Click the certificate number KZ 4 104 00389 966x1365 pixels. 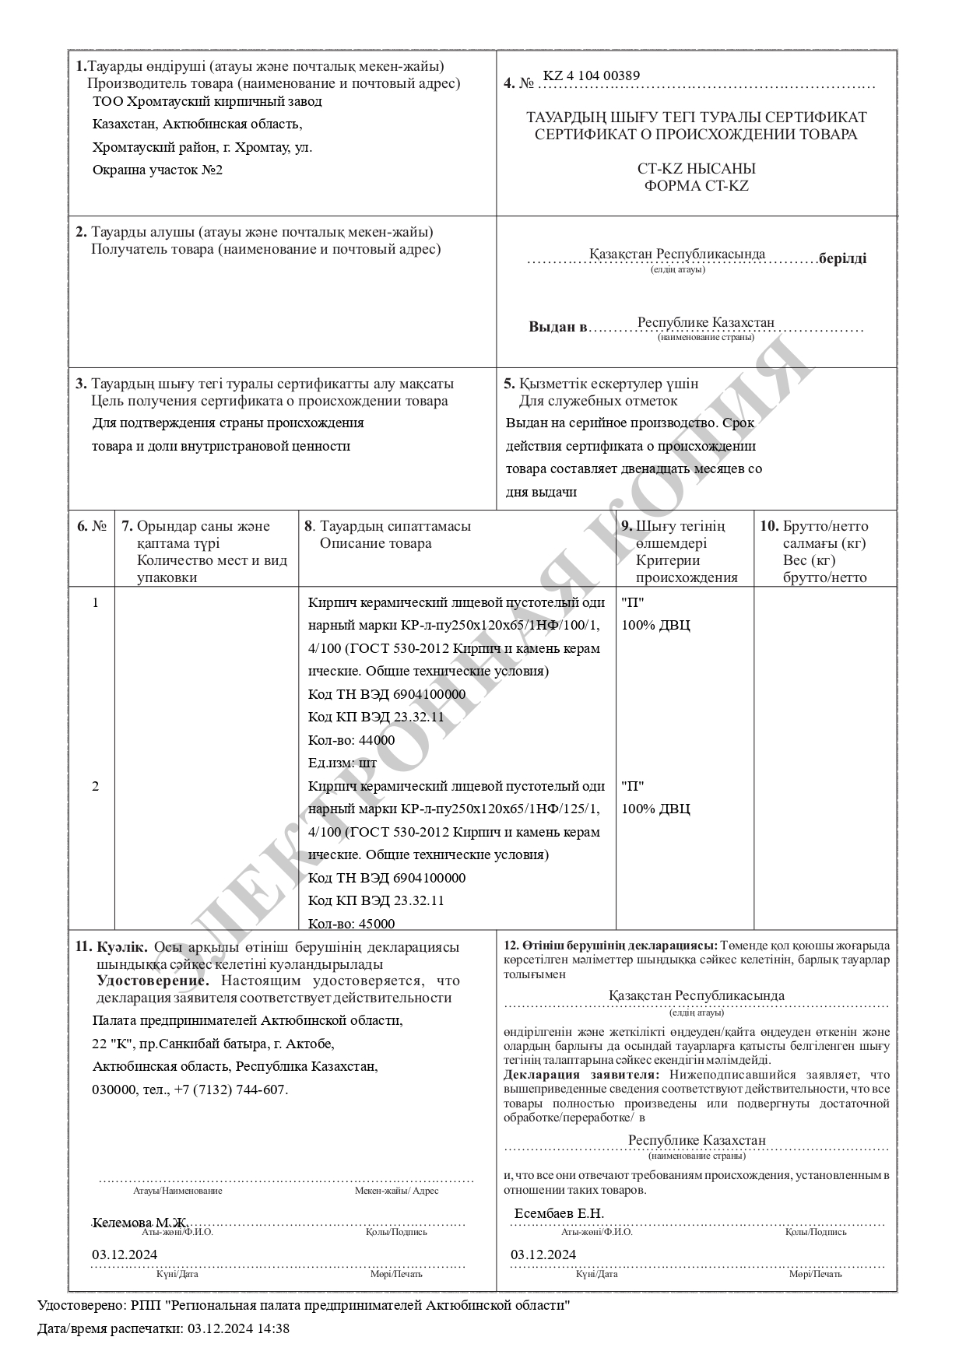pyautogui.click(x=592, y=76)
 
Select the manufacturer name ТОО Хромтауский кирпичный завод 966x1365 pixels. pyautogui.click(x=207, y=101)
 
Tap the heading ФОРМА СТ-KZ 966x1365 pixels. pyautogui.click(x=696, y=186)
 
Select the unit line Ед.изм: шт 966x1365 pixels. pyautogui.click(x=342, y=763)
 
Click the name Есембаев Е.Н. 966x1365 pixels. pyautogui.click(x=559, y=1213)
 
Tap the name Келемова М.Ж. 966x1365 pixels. pyautogui.click(x=140, y=1223)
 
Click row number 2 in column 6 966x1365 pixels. pyautogui.click(x=95, y=786)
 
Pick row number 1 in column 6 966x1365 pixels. pyautogui.click(x=95, y=602)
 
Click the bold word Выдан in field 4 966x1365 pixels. pyautogui.click(x=557, y=327)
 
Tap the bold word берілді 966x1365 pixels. pyautogui.click(x=842, y=258)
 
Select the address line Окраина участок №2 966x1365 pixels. pyautogui.click(x=157, y=170)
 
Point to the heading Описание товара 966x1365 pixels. pyautogui.click(x=375, y=543)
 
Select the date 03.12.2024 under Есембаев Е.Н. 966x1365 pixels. pyautogui.click(x=543, y=1254)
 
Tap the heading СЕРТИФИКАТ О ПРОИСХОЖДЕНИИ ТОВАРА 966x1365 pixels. pyautogui.click(x=696, y=134)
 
